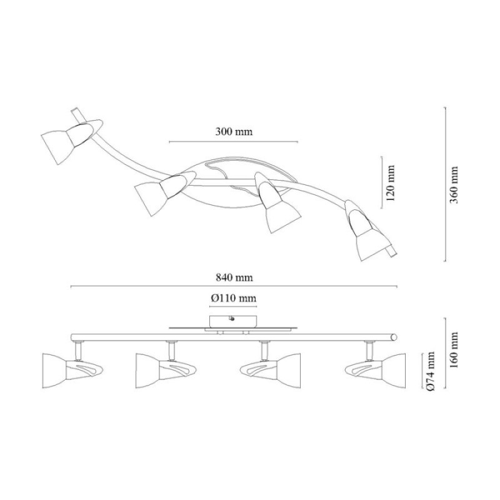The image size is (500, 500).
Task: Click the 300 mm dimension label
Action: pos(234,131)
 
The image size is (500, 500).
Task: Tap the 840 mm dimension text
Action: pos(234,277)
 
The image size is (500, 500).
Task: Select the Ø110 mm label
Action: pos(233,298)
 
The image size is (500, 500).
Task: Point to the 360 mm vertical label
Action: pos(453,185)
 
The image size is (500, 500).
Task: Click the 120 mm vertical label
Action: pos(390,182)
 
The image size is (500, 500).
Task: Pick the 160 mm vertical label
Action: pos(453,350)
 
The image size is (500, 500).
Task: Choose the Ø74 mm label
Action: pos(430,372)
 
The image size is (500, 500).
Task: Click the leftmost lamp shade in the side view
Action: pos(55,371)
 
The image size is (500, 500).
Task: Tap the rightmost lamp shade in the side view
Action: pos(393,371)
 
